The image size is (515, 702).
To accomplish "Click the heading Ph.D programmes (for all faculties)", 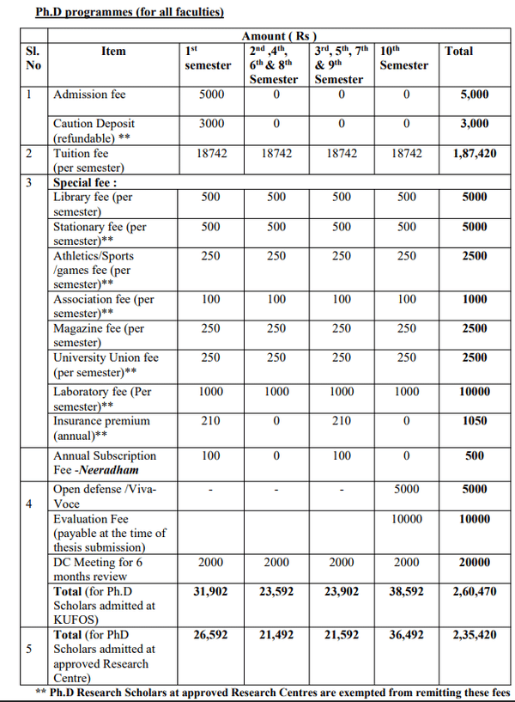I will [118, 13].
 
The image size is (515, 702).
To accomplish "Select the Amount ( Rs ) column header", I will [279, 35].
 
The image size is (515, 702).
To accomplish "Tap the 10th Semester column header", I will [403, 58].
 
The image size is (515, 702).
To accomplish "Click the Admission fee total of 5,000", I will [474, 95].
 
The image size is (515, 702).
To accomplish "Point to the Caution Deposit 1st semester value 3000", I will [211, 124].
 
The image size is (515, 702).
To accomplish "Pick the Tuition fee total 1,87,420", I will [474, 153].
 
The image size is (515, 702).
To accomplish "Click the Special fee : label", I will [85, 182].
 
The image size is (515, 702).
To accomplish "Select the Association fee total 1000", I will [474, 299].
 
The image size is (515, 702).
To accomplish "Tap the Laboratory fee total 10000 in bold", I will [474, 392].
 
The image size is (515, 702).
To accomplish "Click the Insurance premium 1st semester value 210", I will [211, 421].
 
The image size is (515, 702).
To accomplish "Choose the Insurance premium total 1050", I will [474, 421].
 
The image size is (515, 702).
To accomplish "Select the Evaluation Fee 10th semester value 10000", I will [406, 519].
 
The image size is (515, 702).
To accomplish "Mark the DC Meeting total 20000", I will [474, 562].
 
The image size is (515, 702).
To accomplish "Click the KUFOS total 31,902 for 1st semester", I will [211, 591].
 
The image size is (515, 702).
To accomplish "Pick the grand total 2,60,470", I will [474, 591].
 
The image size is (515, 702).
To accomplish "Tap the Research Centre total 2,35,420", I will [474, 634].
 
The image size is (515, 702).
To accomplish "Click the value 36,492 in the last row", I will [406, 634].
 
